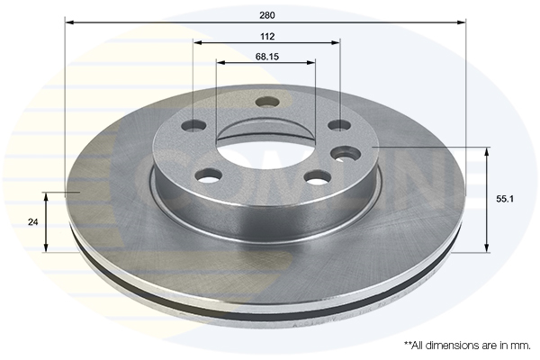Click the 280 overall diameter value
pyautogui.click(x=267, y=15)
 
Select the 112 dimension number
pyautogui.click(x=267, y=36)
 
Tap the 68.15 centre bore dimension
pyautogui.click(x=267, y=57)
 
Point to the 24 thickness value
pyautogui.click(x=32, y=222)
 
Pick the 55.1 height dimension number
pyautogui.click(x=505, y=199)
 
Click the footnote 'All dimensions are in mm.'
pyautogui.click(x=467, y=346)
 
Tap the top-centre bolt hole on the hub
pyautogui.click(x=267, y=102)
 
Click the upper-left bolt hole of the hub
pyautogui.click(x=193, y=126)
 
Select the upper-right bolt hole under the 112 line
pyautogui.click(x=339, y=125)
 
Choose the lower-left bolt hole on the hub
pyautogui.click(x=209, y=175)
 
